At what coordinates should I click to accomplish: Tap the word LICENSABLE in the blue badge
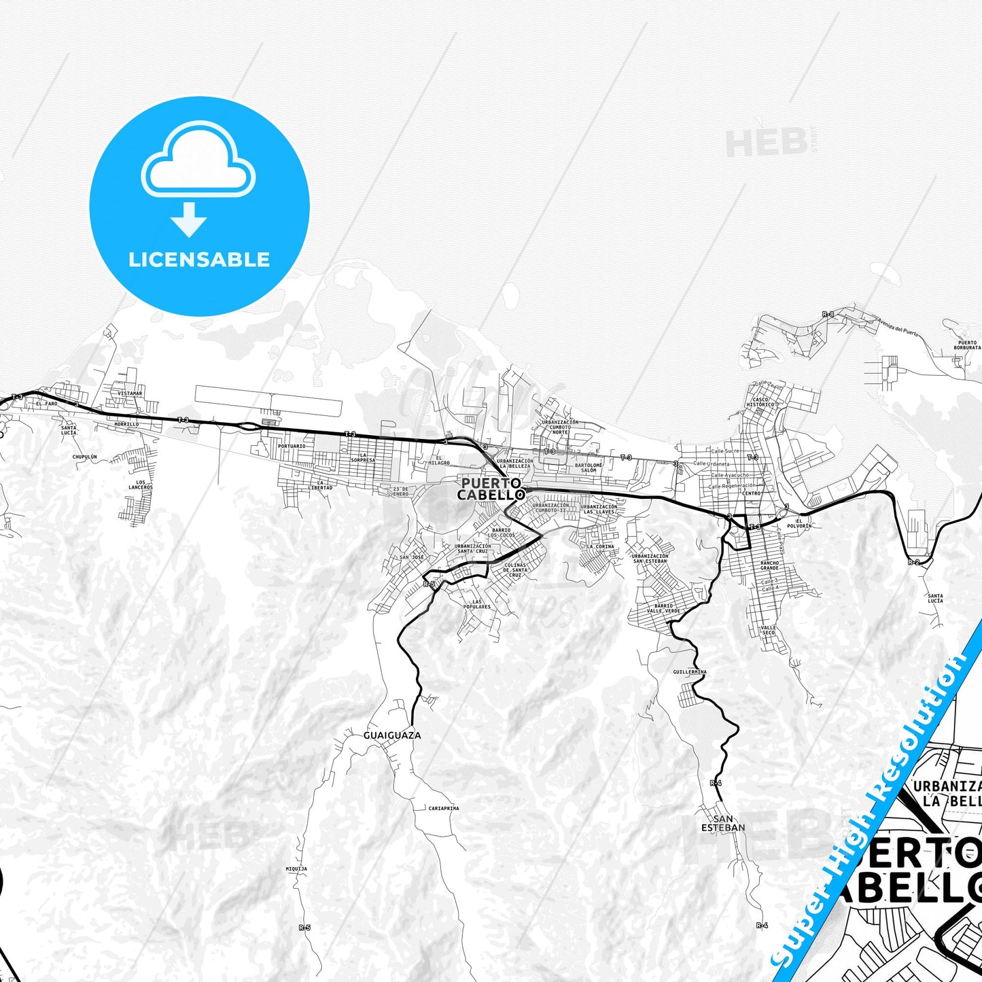coord(199,260)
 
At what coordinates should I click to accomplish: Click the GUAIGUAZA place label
coord(392,735)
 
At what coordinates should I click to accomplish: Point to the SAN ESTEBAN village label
coord(723,823)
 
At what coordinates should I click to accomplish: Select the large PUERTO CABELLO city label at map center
coord(491,489)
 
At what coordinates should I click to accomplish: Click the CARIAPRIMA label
coord(444,808)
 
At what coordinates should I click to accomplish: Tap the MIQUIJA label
coord(296,869)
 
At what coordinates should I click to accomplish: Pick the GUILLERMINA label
coord(689,671)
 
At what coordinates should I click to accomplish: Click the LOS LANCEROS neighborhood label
coord(140,485)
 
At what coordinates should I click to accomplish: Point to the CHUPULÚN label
coord(85,457)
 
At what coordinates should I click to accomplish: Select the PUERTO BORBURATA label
coord(966,345)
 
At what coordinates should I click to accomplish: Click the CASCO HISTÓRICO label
coord(760,402)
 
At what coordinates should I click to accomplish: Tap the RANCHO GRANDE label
coord(769,565)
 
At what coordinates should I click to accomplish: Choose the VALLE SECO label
coord(768,630)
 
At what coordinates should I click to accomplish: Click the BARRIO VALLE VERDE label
coord(663,608)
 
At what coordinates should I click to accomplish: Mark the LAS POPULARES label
coord(476,604)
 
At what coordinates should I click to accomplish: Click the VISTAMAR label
coord(130,393)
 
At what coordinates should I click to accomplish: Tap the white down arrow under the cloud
coord(189,219)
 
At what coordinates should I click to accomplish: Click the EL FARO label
coord(47,404)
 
